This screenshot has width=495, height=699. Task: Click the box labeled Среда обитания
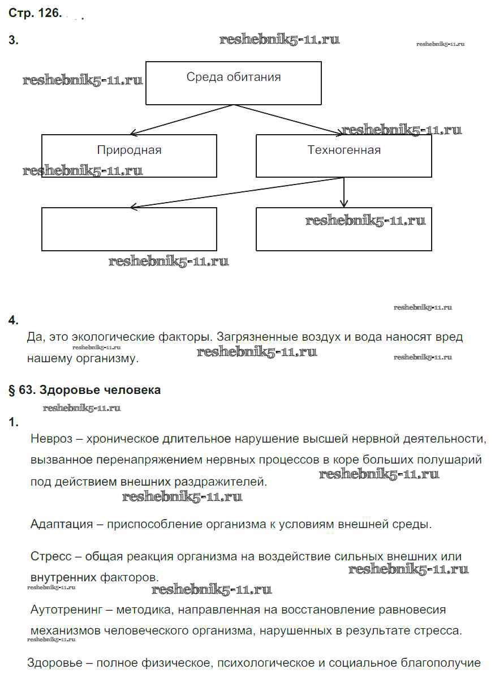[x=233, y=83]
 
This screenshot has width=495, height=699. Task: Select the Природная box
[x=129, y=156]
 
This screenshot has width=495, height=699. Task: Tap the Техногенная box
[x=344, y=156]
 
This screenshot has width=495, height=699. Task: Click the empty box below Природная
[x=129, y=229]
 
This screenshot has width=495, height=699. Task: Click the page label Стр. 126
[x=34, y=14]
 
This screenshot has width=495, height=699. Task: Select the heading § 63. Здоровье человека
[x=85, y=390]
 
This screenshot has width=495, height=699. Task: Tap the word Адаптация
[x=62, y=524]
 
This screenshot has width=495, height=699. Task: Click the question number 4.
[x=14, y=320]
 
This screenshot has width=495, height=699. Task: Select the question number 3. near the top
[x=14, y=40]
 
